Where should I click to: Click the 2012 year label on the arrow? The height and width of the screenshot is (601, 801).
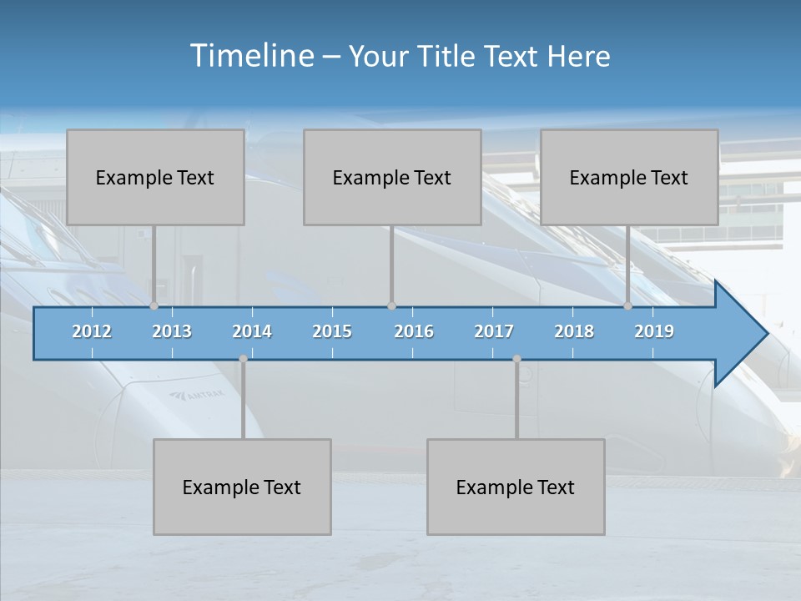coord(92,331)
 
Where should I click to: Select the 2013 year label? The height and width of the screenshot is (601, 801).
coord(172,331)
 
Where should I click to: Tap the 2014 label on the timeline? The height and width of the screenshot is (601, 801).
coord(252,331)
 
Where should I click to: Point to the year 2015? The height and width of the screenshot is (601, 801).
coord(332,331)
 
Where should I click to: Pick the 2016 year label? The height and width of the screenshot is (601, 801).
coord(414,331)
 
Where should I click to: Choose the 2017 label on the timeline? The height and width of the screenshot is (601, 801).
coord(494,331)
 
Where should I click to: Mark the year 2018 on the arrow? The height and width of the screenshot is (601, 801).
coord(574,331)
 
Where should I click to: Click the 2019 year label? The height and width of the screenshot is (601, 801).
coord(654,331)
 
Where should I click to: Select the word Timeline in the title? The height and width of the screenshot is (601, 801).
coord(250,56)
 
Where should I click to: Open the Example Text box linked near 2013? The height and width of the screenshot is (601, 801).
coord(155,177)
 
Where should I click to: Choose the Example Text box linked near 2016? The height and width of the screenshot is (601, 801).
coord(392,177)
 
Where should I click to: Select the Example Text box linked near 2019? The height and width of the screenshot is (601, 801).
coord(629,177)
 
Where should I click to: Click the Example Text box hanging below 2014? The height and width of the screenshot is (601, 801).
coord(242,487)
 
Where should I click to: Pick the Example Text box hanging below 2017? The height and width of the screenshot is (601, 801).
coord(516,487)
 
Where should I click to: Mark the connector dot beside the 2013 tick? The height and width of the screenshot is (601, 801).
coord(154,306)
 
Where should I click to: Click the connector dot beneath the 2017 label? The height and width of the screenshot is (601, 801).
coord(516,359)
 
